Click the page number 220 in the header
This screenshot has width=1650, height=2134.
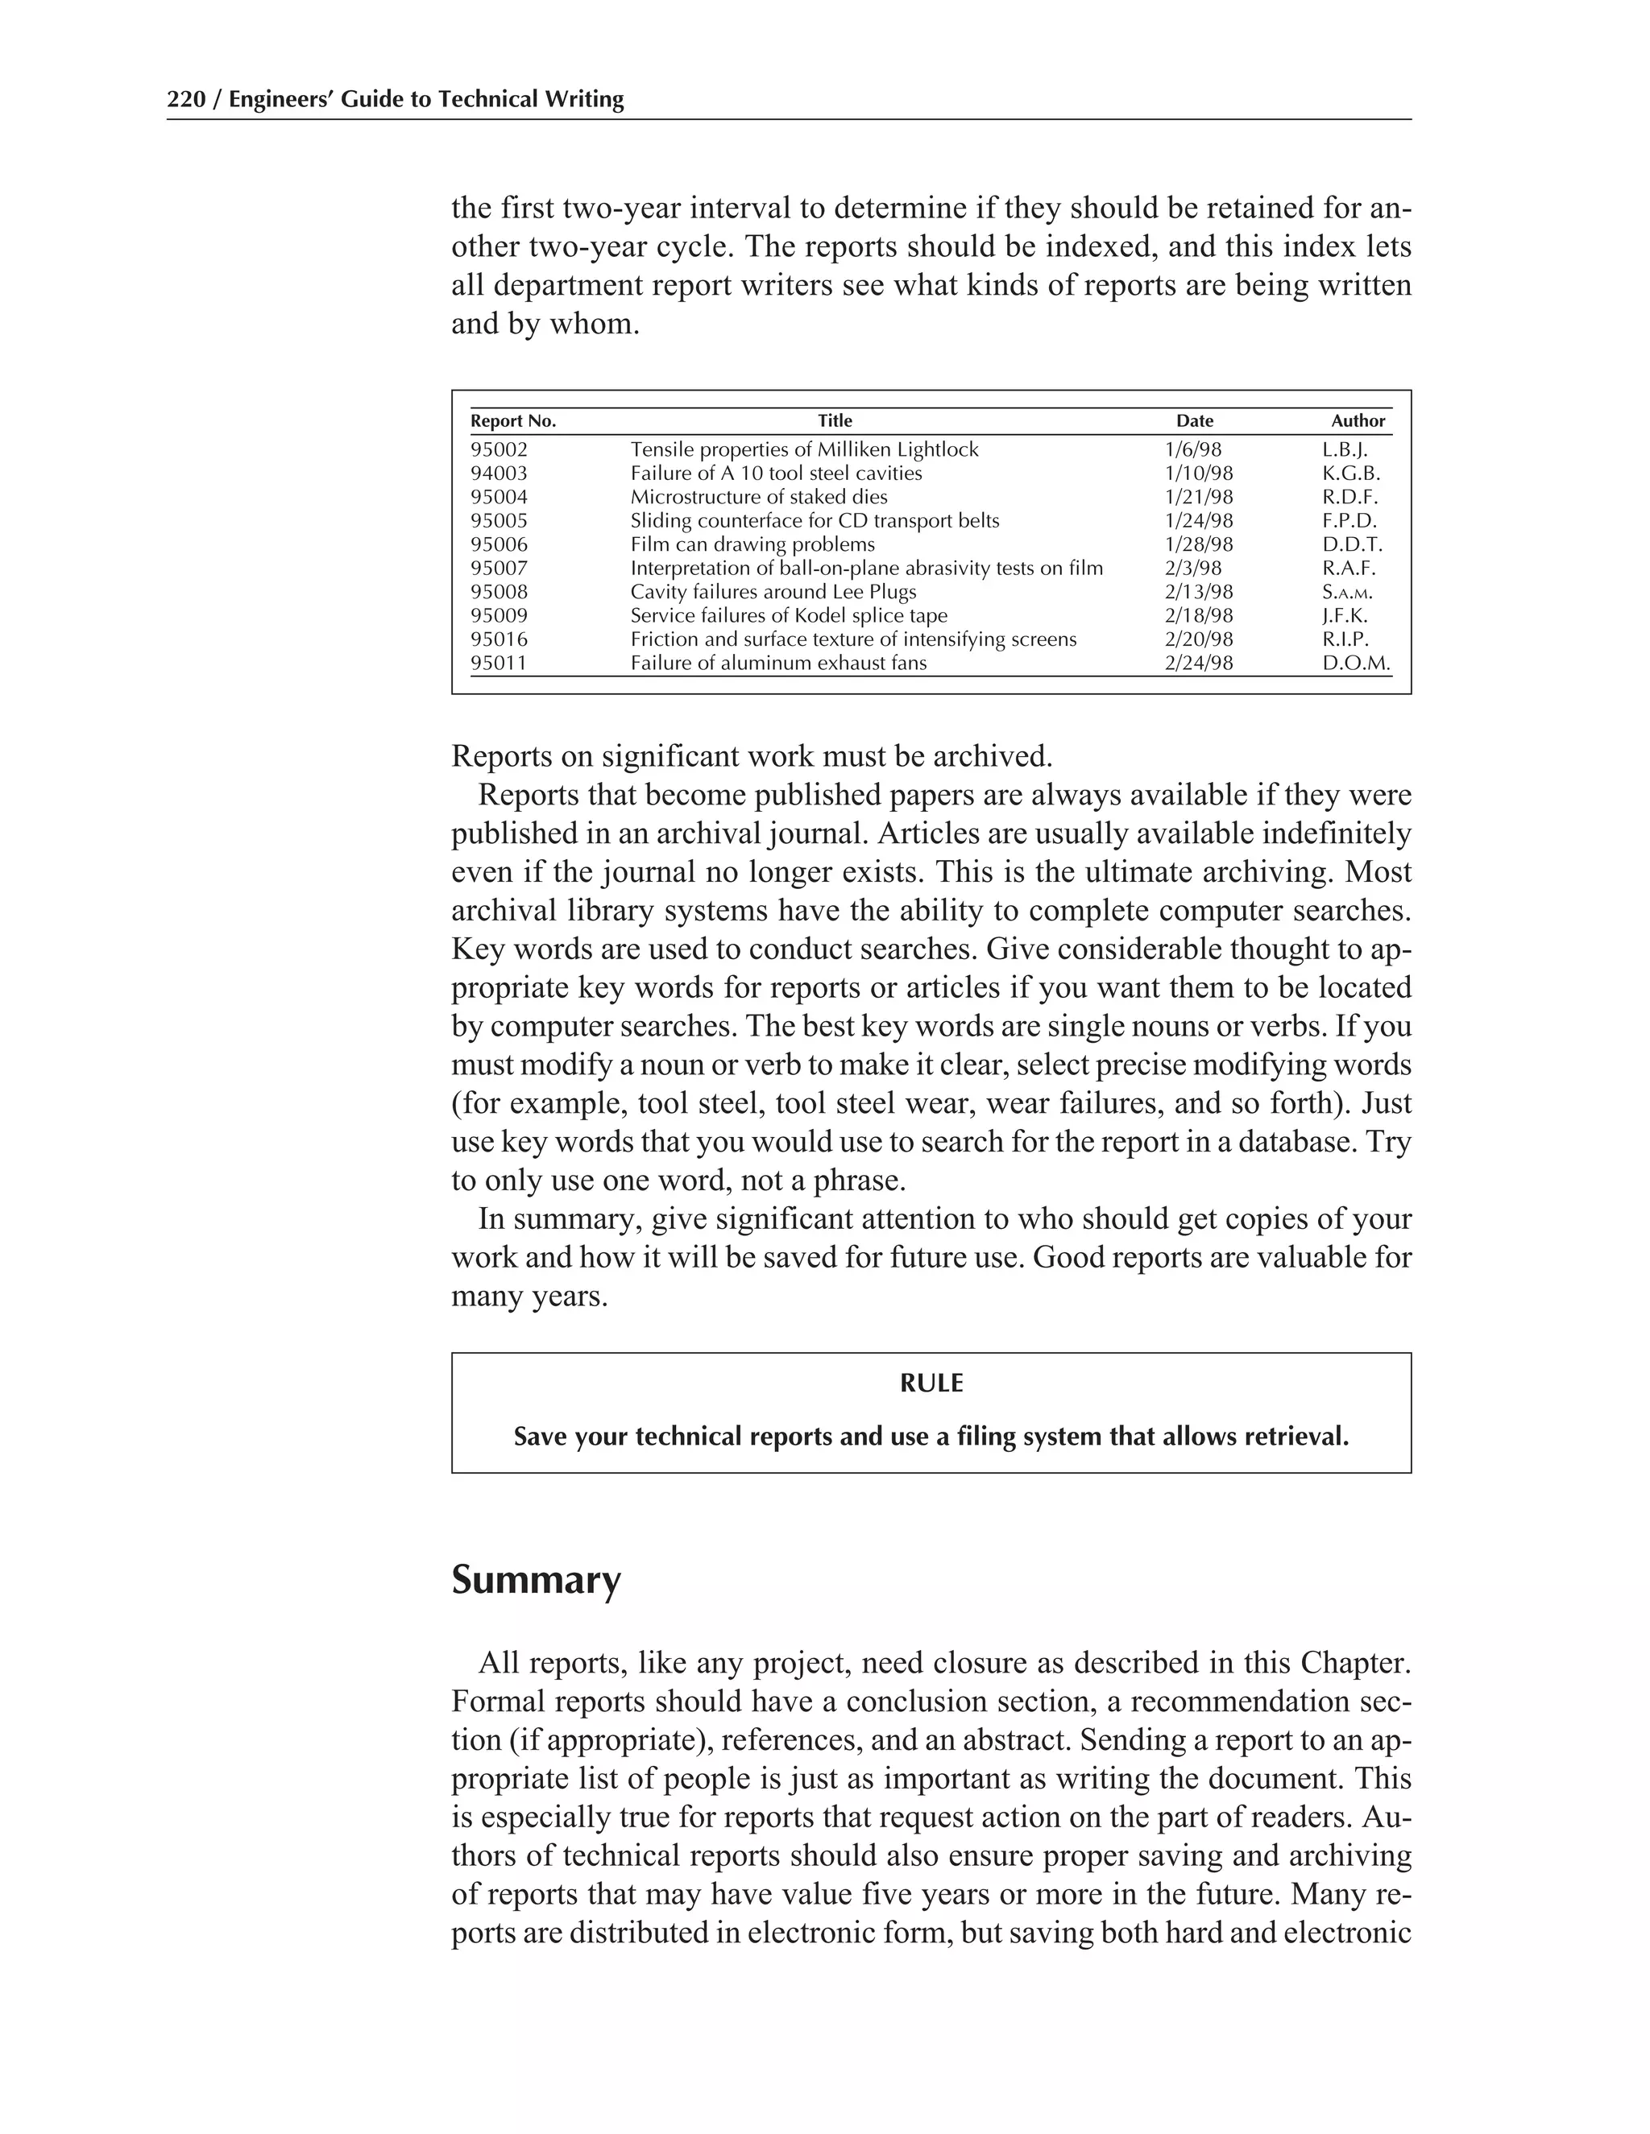click(186, 100)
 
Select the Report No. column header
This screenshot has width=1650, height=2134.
click(512, 421)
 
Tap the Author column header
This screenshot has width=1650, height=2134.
click(1358, 421)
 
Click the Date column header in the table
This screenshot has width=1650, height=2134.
click(1195, 421)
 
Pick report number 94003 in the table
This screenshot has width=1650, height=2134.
click(499, 473)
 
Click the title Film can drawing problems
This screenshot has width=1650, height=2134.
click(752, 544)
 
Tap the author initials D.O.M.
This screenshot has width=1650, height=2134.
click(1356, 664)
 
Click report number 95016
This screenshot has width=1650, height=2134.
click(499, 639)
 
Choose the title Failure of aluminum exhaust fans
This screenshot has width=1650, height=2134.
click(778, 664)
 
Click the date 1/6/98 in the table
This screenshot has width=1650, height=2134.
click(1192, 449)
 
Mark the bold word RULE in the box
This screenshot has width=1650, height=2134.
click(931, 1383)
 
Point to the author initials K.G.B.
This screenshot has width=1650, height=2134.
click(1351, 473)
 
